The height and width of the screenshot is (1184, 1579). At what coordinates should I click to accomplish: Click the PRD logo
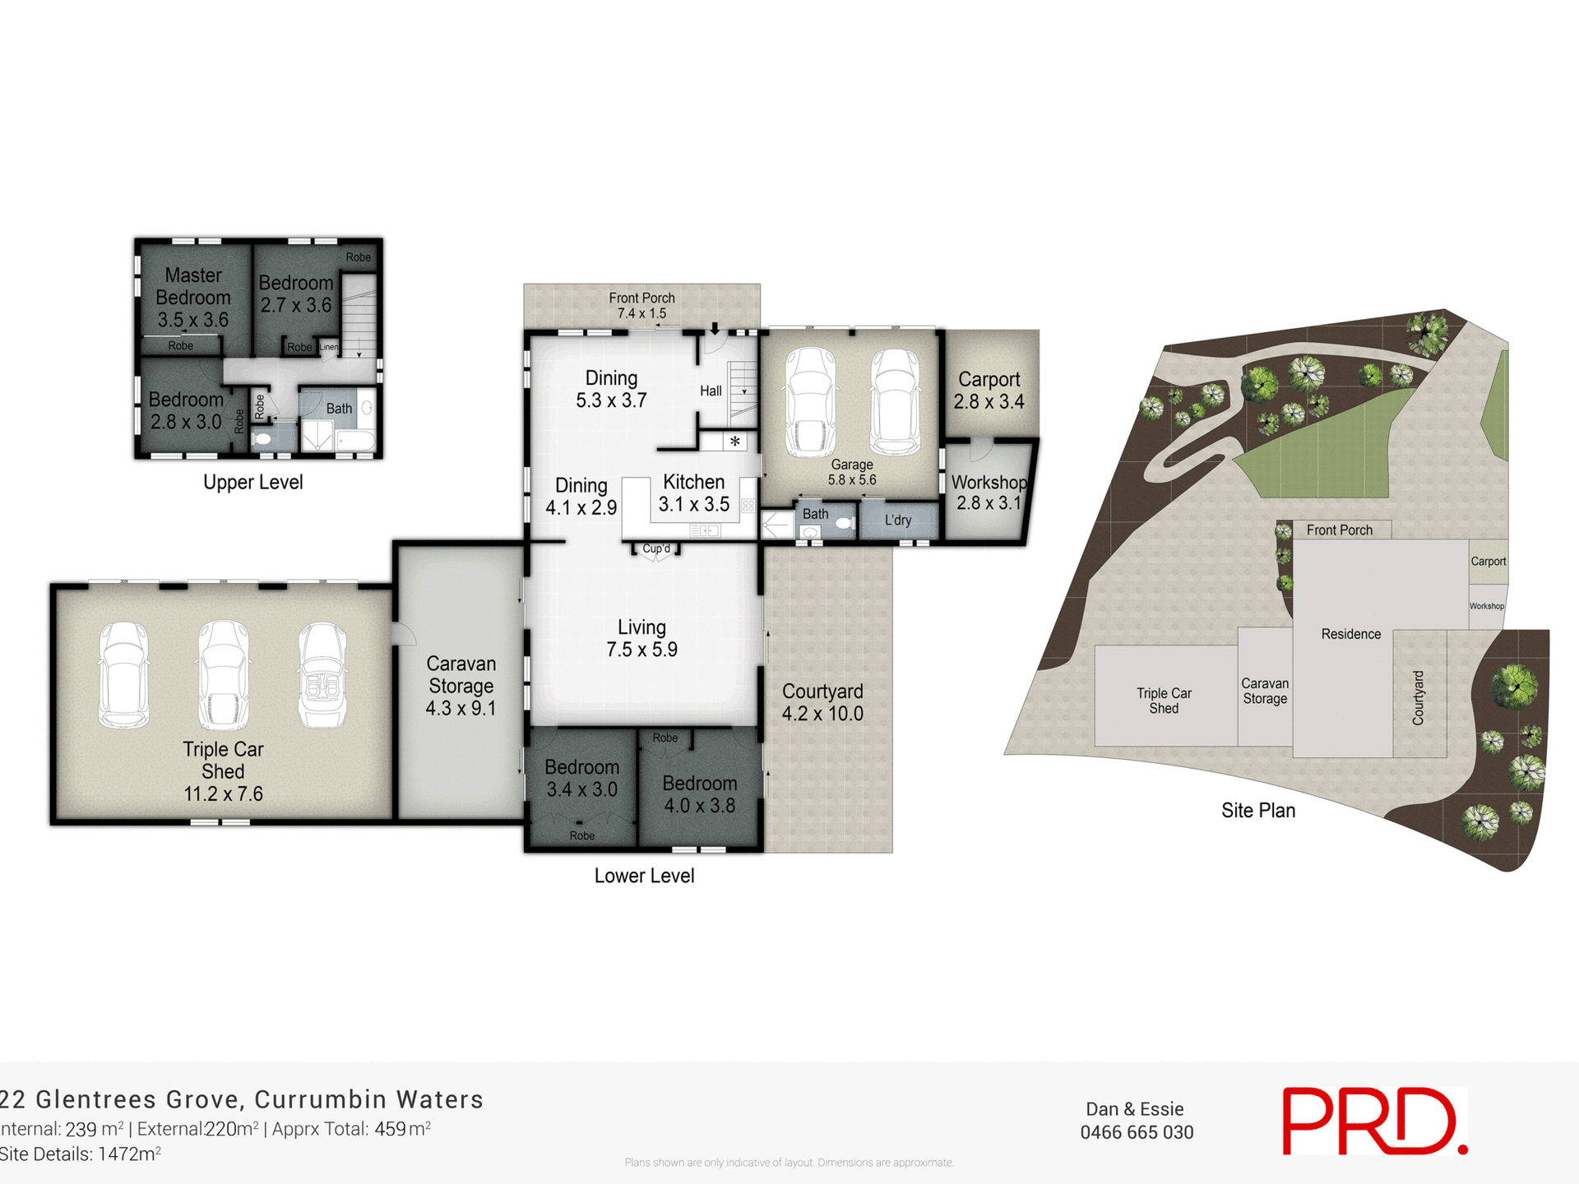[1373, 1122]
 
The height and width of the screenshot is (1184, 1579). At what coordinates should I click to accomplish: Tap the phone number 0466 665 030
[1137, 1132]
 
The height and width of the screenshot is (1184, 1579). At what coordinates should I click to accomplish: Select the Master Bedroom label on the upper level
[193, 297]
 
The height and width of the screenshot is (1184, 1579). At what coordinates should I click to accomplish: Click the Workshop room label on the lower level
[989, 493]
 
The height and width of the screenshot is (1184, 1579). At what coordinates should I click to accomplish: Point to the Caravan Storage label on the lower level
[461, 686]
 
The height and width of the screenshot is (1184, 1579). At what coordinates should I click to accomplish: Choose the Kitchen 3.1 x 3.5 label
[693, 493]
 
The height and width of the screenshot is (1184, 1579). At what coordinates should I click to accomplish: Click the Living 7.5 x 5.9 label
[641, 638]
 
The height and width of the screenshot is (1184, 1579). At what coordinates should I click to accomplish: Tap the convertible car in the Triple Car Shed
[322, 675]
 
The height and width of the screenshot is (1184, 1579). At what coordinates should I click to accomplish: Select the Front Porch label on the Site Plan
[1339, 530]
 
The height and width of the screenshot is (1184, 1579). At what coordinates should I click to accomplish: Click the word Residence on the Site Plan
[1350, 634]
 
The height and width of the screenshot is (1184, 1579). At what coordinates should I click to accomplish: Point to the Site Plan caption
[1257, 810]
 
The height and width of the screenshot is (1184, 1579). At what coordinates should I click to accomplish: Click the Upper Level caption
[252, 483]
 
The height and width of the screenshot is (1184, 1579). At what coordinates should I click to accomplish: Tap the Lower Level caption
[644, 876]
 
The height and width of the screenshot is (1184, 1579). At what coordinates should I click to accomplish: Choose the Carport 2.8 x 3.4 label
[989, 391]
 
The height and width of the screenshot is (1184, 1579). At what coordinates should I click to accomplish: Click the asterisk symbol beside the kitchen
[735, 442]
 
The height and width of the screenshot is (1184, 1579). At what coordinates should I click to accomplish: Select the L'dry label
[898, 520]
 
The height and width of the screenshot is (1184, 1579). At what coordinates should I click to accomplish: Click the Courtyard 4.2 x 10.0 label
[822, 702]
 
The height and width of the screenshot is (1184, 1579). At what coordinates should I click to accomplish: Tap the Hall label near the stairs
[711, 391]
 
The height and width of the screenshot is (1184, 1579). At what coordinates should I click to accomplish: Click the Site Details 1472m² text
[80, 1154]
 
